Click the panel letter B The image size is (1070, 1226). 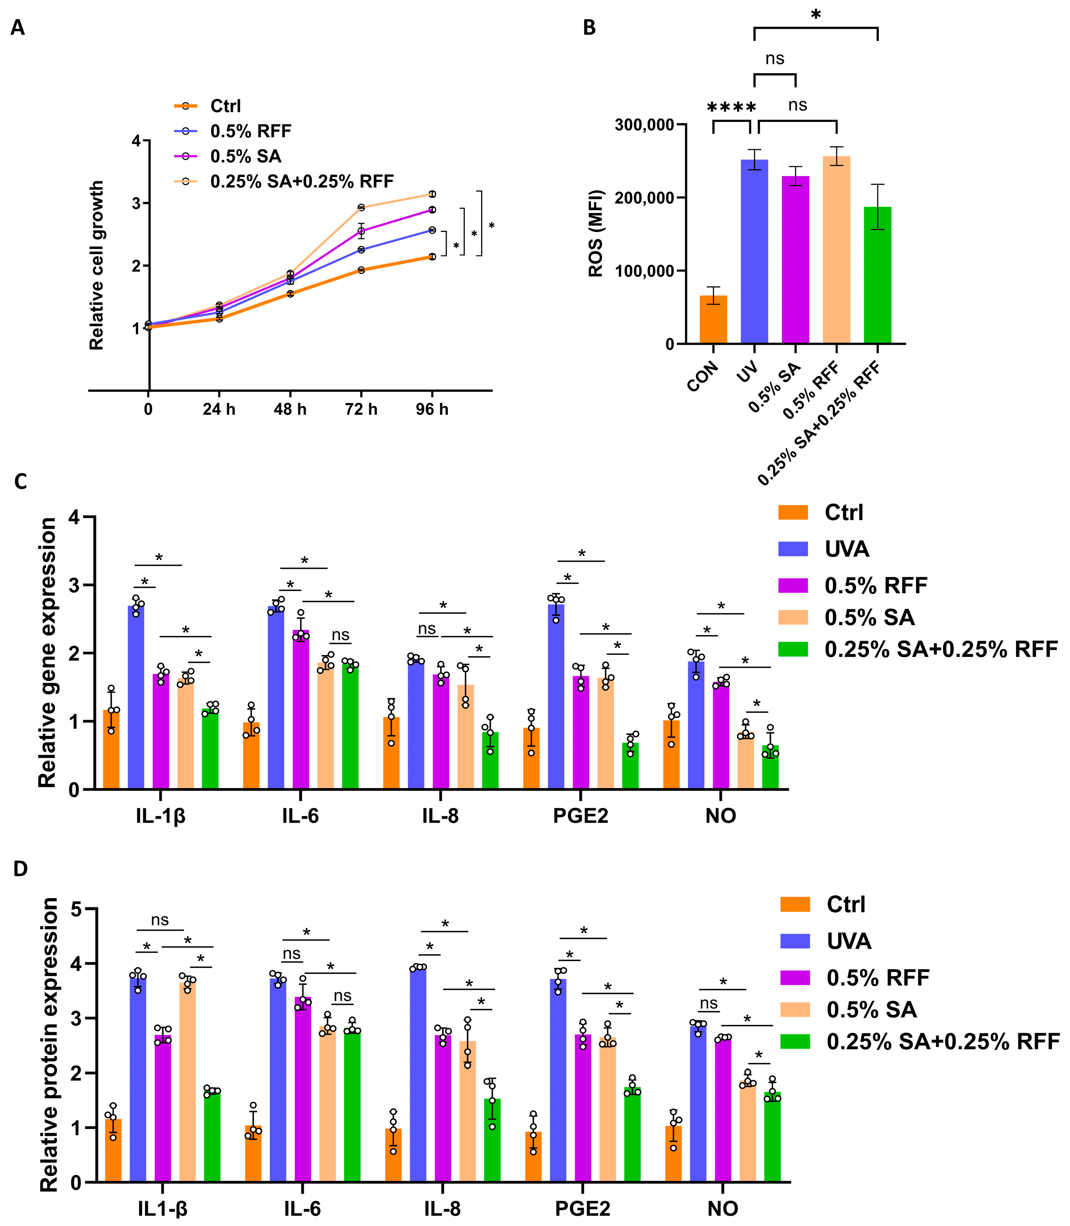pyautogui.click(x=589, y=27)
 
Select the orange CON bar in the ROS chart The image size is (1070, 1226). pyautogui.click(x=713, y=319)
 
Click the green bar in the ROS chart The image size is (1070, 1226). pyautogui.click(x=877, y=275)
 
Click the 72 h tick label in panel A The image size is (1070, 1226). pyautogui.click(x=361, y=410)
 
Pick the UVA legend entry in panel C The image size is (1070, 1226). pyautogui.click(x=847, y=549)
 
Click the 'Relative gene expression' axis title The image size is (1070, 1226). pyautogui.click(x=47, y=653)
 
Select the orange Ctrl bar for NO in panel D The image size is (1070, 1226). pyautogui.click(x=673, y=1153)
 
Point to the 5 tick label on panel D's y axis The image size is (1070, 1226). pyautogui.click(x=76, y=909)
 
